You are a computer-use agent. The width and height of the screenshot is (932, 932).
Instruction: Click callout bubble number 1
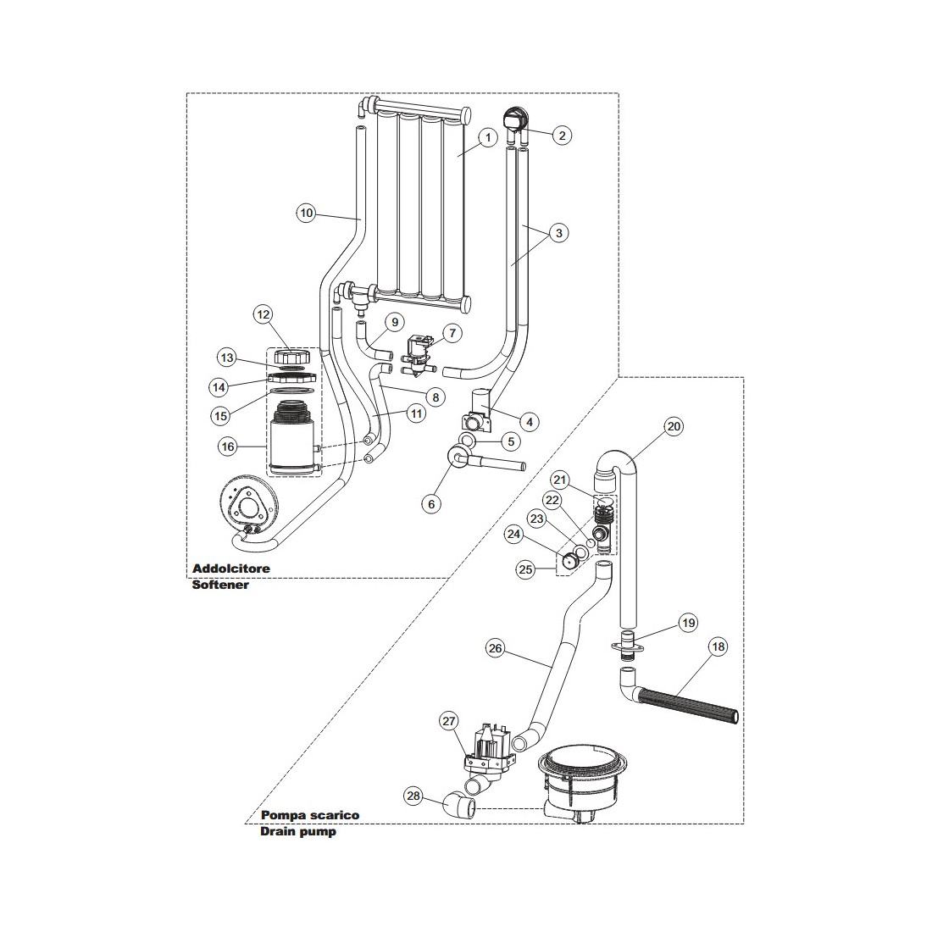click(487, 137)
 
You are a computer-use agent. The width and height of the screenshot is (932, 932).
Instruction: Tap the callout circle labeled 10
click(307, 214)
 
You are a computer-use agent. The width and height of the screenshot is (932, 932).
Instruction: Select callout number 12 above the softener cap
click(264, 314)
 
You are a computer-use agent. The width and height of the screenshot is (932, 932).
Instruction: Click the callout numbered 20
click(674, 427)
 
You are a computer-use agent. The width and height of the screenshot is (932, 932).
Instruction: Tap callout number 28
click(413, 796)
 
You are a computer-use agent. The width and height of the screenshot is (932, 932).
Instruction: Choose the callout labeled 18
click(718, 647)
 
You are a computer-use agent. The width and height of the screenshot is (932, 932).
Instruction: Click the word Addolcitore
click(230, 569)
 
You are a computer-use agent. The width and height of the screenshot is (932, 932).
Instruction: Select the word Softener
click(221, 585)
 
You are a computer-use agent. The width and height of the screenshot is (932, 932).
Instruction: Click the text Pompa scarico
click(310, 815)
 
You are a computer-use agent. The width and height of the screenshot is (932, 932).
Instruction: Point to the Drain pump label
click(298, 831)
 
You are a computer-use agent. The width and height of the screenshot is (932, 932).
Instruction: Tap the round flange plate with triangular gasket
click(246, 509)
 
